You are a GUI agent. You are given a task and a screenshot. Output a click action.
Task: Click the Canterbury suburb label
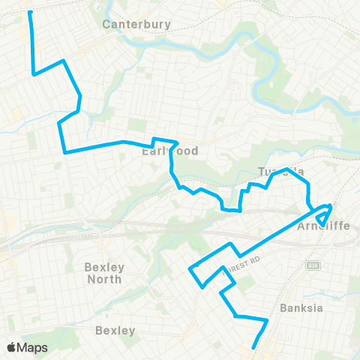[136, 24]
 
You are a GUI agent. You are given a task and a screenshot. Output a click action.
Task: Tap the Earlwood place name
[170, 151]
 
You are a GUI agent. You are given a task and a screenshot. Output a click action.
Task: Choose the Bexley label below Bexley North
[115, 330]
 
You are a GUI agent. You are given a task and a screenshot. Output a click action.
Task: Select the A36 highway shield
[310, 265]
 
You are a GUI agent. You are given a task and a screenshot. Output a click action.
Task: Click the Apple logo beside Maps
[11, 347]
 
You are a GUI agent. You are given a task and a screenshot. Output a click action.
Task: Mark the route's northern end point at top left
[30, 13]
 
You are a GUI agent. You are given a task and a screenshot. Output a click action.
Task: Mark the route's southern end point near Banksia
[253, 347]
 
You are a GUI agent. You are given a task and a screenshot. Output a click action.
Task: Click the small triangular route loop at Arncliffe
[323, 216]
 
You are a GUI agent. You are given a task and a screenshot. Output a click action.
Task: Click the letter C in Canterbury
[106, 24]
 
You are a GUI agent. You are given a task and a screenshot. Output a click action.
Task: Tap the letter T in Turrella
[261, 172]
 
